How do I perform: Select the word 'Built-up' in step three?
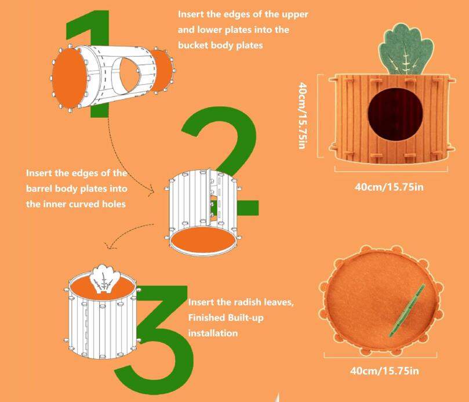click(x=246, y=317)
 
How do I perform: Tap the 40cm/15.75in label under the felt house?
click(x=389, y=187)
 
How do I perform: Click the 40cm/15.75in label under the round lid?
click(x=385, y=371)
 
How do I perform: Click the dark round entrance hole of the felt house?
click(x=395, y=114)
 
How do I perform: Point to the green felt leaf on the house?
click(x=406, y=49)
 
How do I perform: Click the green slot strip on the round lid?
click(x=407, y=310)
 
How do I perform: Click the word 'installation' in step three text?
click(x=213, y=333)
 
